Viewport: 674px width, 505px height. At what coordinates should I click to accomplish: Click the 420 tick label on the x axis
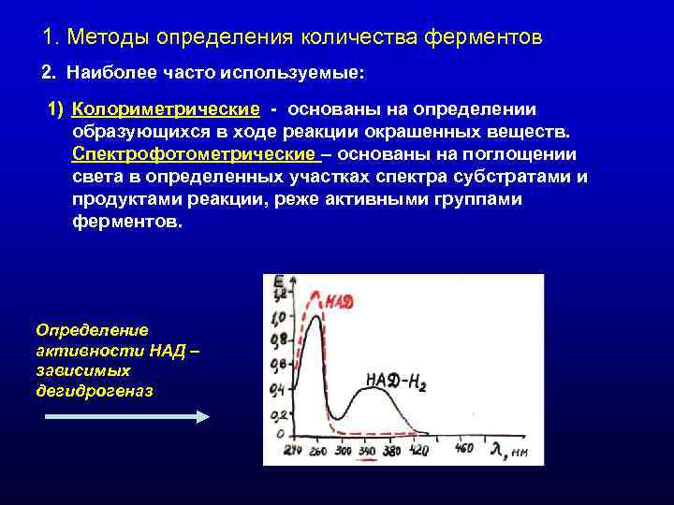point(418,450)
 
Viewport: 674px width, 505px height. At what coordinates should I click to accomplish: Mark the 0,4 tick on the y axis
point(278,388)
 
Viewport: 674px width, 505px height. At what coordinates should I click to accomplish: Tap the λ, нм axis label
point(511,451)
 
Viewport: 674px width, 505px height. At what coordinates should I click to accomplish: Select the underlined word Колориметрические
point(166,110)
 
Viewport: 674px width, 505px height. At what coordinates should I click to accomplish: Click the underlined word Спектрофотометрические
point(194,154)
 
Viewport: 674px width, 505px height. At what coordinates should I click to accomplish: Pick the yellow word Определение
point(91,330)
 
